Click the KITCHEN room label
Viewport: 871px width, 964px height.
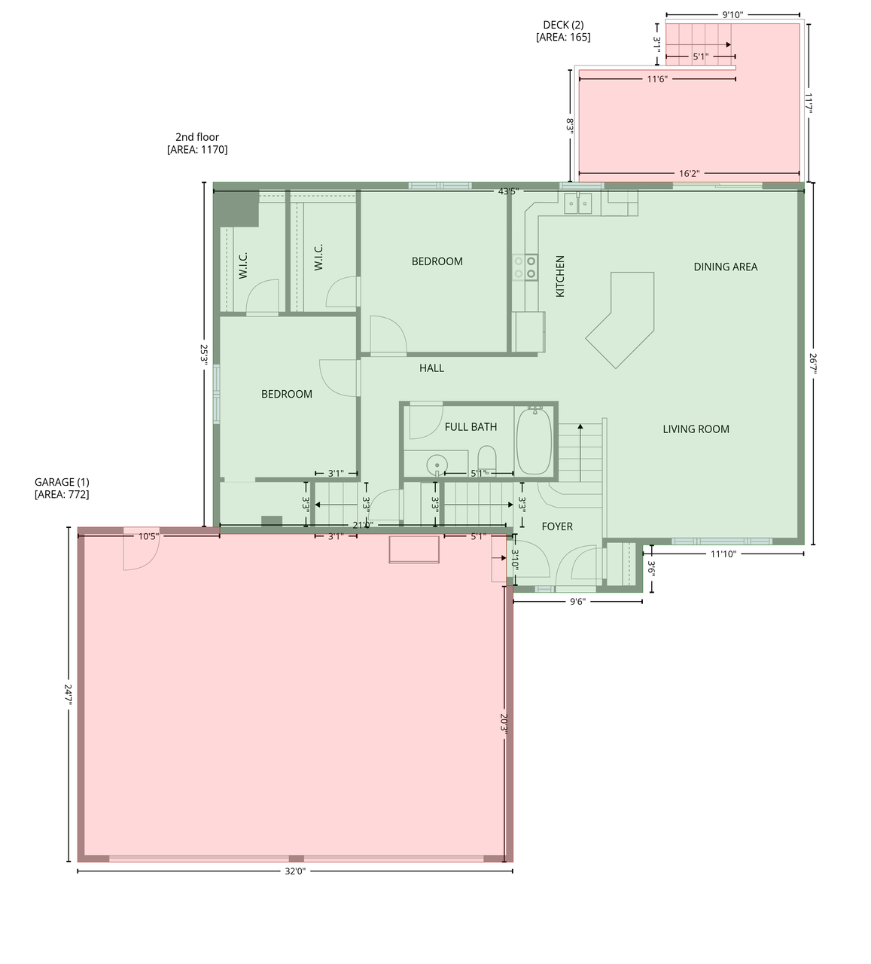pyautogui.click(x=560, y=276)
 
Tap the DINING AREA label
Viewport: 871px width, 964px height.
pyautogui.click(x=725, y=267)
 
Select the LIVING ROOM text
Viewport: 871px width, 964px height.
pyautogui.click(x=696, y=429)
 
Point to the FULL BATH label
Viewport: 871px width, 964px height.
pyautogui.click(x=471, y=427)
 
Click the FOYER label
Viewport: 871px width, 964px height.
pyautogui.click(x=557, y=526)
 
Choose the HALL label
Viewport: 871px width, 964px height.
pyautogui.click(x=431, y=368)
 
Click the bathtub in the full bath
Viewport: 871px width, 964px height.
pyautogui.click(x=534, y=441)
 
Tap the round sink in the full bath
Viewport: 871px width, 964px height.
pyautogui.click(x=436, y=465)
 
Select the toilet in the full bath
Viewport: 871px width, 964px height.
pyautogui.click(x=487, y=460)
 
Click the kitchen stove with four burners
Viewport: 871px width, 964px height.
pyautogui.click(x=525, y=267)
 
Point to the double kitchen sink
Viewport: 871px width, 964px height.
pyautogui.click(x=578, y=203)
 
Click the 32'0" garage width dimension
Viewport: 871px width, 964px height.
pyautogui.click(x=295, y=871)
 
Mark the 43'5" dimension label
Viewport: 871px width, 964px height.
pyautogui.click(x=508, y=191)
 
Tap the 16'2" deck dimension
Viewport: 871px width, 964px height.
pyautogui.click(x=689, y=174)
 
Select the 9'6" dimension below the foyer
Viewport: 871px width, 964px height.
pyautogui.click(x=577, y=602)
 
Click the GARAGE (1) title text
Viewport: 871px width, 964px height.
pyautogui.click(x=62, y=482)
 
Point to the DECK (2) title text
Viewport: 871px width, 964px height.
pyautogui.click(x=563, y=25)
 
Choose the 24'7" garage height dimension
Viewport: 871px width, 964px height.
pyautogui.click(x=69, y=694)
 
